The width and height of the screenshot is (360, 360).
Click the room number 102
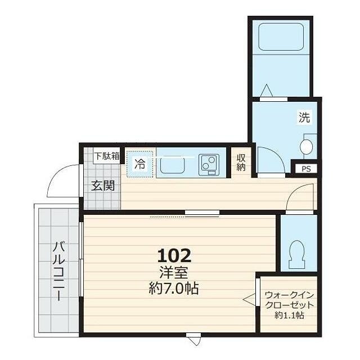click(174, 256)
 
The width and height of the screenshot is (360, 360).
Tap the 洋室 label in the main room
click(174, 272)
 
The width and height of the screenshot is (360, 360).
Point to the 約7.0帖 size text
click(174, 288)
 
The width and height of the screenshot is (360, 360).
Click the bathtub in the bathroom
click(281, 37)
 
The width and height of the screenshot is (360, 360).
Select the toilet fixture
click(297, 254)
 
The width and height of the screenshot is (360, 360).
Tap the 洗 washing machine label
click(304, 117)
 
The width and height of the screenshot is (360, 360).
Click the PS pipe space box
click(306, 169)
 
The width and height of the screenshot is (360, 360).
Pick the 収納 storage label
click(241, 163)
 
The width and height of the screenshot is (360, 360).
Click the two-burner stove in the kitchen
click(209, 165)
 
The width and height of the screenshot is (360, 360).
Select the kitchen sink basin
click(173, 165)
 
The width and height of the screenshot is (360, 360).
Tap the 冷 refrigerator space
click(139, 164)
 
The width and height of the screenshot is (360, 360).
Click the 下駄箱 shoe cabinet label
click(107, 156)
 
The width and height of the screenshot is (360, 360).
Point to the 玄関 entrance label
click(103, 186)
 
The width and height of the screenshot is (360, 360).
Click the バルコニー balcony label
click(59, 271)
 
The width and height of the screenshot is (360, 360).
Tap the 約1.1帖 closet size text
click(289, 315)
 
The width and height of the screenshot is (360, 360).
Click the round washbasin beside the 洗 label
click(306, 147)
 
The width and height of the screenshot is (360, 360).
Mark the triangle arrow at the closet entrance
click(249, 300)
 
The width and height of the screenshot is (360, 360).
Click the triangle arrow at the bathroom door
click(267, 91)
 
